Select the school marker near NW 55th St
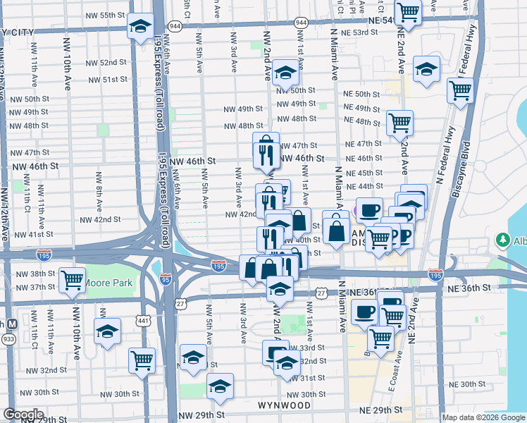tap(141, 27)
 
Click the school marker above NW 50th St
tap(286, 72)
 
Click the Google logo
tap(23, 415)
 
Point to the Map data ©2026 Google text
tap(483, 417)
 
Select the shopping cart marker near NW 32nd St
tap(142, 360)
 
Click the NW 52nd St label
tap(103, 62)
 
